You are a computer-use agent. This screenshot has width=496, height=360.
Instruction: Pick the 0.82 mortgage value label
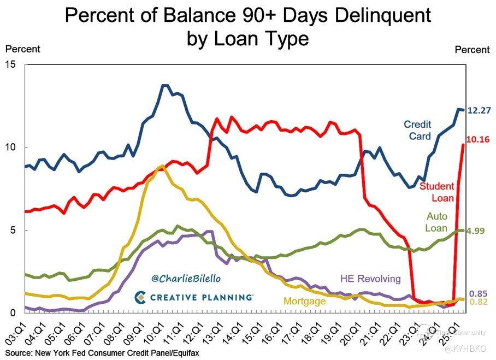coord(479,302)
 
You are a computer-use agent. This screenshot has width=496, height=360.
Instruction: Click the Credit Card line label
coord(417,130)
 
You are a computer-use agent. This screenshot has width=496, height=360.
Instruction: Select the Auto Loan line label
coord(436,222)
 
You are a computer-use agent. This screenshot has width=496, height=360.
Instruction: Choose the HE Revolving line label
coord(370,278)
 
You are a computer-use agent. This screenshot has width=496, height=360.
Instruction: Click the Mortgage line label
coord(304,301)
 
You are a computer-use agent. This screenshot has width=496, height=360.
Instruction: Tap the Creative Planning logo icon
coord(140,297)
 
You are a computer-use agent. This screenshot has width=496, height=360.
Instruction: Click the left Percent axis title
coord(23,49)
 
